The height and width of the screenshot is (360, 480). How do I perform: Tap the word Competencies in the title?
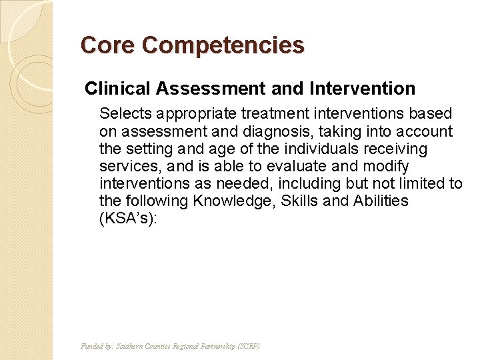223,45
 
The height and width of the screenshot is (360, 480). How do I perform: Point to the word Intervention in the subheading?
363,88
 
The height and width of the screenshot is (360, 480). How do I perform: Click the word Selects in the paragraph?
123,114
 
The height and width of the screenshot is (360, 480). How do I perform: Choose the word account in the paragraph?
425,131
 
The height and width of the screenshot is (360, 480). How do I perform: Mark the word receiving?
397,149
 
